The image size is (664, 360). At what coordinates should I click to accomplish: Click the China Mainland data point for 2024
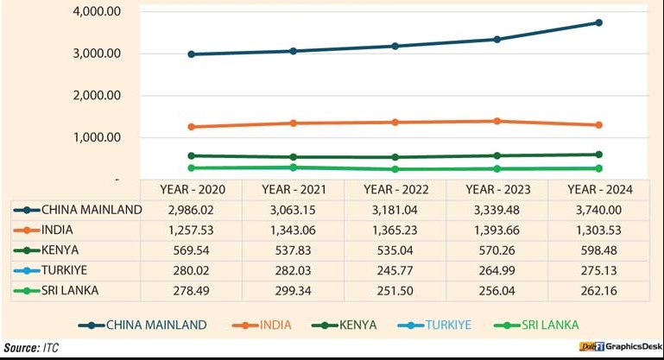(598, 22)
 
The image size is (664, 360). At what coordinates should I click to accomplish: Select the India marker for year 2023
(496, 121)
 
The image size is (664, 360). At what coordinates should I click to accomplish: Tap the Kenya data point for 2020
(191, 155)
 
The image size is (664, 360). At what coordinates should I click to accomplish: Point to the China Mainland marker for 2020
(191, 54)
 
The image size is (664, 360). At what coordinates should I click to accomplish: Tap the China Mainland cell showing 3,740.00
(598, 210)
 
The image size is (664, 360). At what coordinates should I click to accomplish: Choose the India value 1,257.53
(191, 230)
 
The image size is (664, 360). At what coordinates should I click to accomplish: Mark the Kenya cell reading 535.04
(395, 250)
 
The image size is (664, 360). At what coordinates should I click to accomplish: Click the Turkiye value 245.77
(395, 270)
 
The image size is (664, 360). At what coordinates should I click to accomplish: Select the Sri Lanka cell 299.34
(293, 290)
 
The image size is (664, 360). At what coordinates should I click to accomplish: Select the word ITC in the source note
(52, 348)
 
